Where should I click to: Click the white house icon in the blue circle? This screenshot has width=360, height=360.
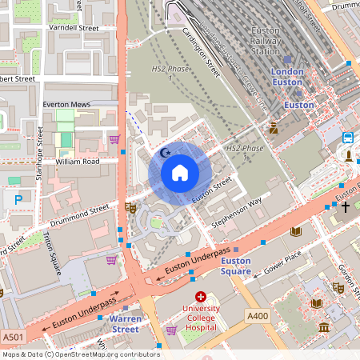[x=180, y=173]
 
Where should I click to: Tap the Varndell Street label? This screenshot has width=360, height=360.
[x=73, y=27]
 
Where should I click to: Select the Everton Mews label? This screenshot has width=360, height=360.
[x=67, y=104]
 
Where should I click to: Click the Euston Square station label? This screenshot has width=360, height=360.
[x=235, y=266]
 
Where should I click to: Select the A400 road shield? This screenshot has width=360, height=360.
[x=258, y=317]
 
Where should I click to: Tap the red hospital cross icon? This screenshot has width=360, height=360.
[x=201, y=297]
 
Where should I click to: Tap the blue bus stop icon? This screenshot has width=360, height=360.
[x=348, y=138]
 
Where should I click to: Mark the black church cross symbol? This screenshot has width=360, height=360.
[x=346, y=207]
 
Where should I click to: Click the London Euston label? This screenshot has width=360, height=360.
[x=287, y=77]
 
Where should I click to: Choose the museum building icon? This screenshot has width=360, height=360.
[x=323, y=326]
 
